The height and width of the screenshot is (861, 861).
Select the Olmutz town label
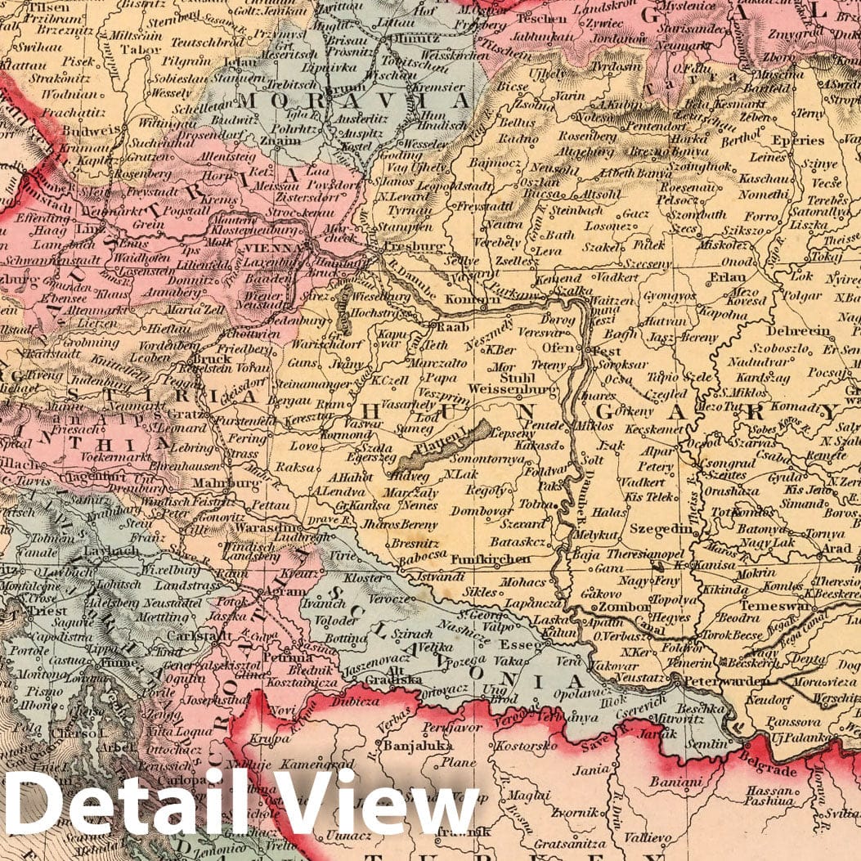point(403,37)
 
